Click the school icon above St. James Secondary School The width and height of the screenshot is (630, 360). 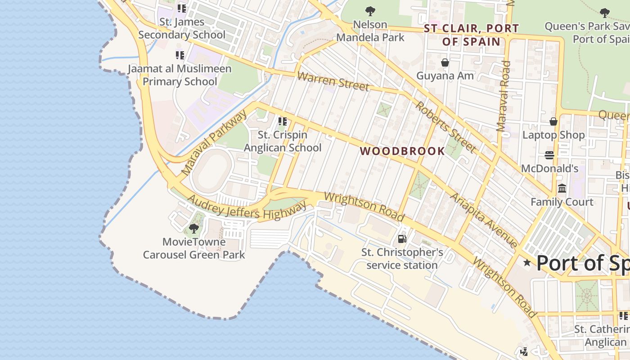(182, 8)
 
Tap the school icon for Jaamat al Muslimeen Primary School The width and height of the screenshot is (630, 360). (180, 55)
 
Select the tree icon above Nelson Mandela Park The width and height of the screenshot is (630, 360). (370, 11)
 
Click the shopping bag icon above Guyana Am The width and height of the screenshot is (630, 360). (445, 63)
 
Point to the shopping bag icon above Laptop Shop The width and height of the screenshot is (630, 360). (553, 121)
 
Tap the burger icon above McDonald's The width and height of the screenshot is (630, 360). (549, 155)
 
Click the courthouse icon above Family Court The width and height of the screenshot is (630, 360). (562, 189)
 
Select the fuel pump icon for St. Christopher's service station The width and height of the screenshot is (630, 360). (402, 239)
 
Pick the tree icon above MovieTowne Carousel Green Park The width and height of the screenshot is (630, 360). (194, 229)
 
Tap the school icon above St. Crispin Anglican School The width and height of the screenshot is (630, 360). (283, 121)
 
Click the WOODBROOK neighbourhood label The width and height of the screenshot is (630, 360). (402, 151)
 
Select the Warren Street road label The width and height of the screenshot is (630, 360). (333, 81)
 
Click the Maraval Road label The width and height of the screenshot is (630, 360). (504, 96)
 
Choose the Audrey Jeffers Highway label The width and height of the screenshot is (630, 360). (247, 208)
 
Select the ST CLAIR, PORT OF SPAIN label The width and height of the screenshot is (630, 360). (472, 35)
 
